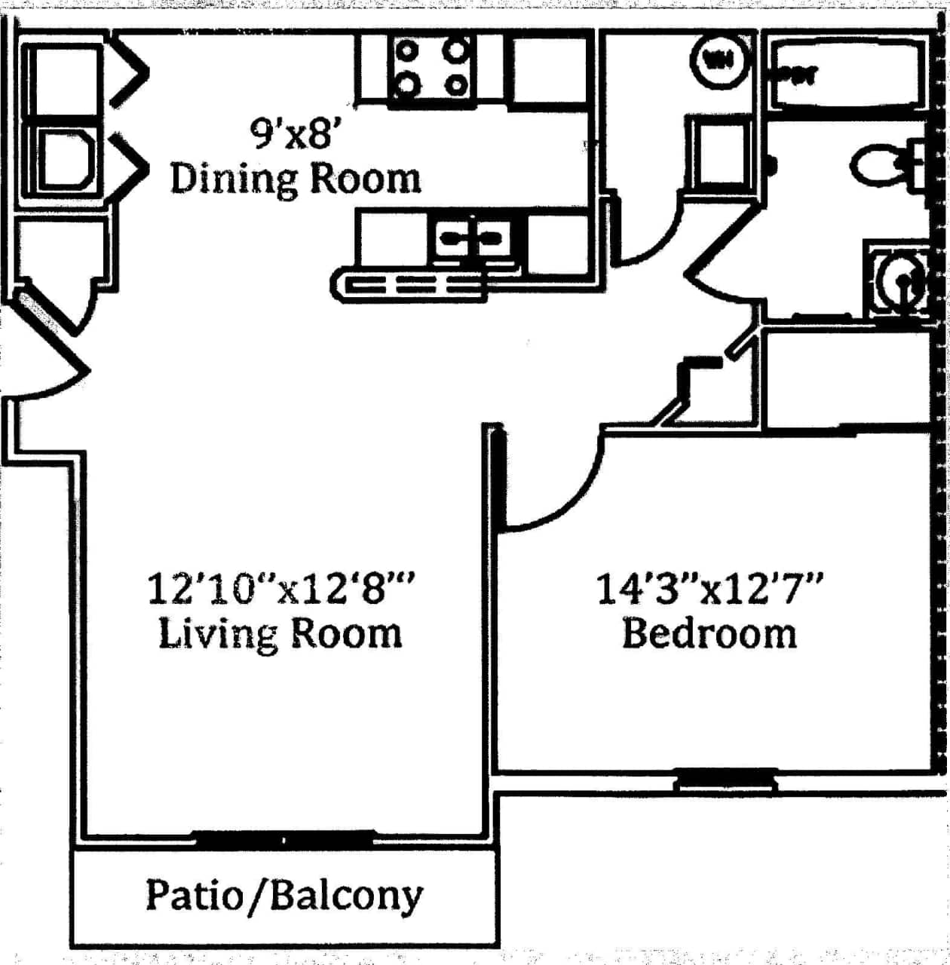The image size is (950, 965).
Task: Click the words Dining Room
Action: click(x=295, y=179)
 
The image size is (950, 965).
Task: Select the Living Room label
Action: click(x=280, y=633)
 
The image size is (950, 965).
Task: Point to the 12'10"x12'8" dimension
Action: click(x=281, y=589)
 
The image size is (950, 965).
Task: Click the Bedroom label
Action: click(x=709, y=633)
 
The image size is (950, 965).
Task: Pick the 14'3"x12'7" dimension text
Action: click(x=709, y=589)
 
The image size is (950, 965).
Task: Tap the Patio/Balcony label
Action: click(x=283, y=896)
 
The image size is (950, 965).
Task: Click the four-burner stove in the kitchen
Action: click(x=431, y=68)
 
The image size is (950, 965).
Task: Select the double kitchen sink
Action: click(x=472, y=238)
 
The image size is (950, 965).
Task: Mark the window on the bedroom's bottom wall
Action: click(x=725, y=780)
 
